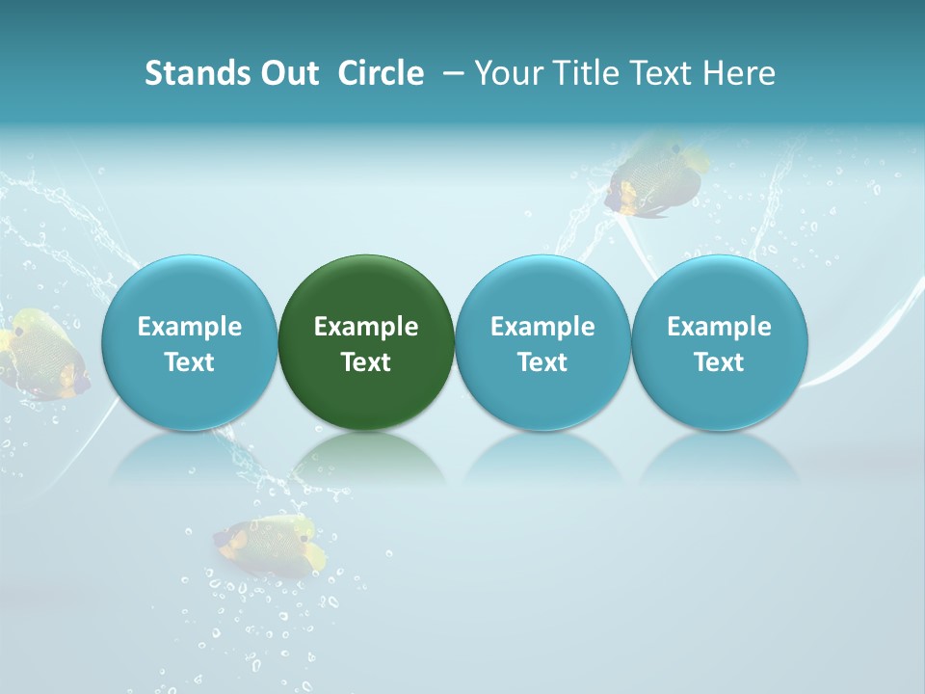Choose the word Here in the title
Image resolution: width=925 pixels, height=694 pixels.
point(739,73)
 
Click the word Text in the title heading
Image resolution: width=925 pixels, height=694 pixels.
point(657,73)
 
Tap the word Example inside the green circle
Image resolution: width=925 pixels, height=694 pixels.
point(366,327)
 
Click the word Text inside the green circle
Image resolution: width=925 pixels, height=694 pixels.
point(366,362)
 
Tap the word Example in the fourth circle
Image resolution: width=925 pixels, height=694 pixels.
point(719,327)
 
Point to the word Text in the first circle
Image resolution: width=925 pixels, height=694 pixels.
point(189,362)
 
